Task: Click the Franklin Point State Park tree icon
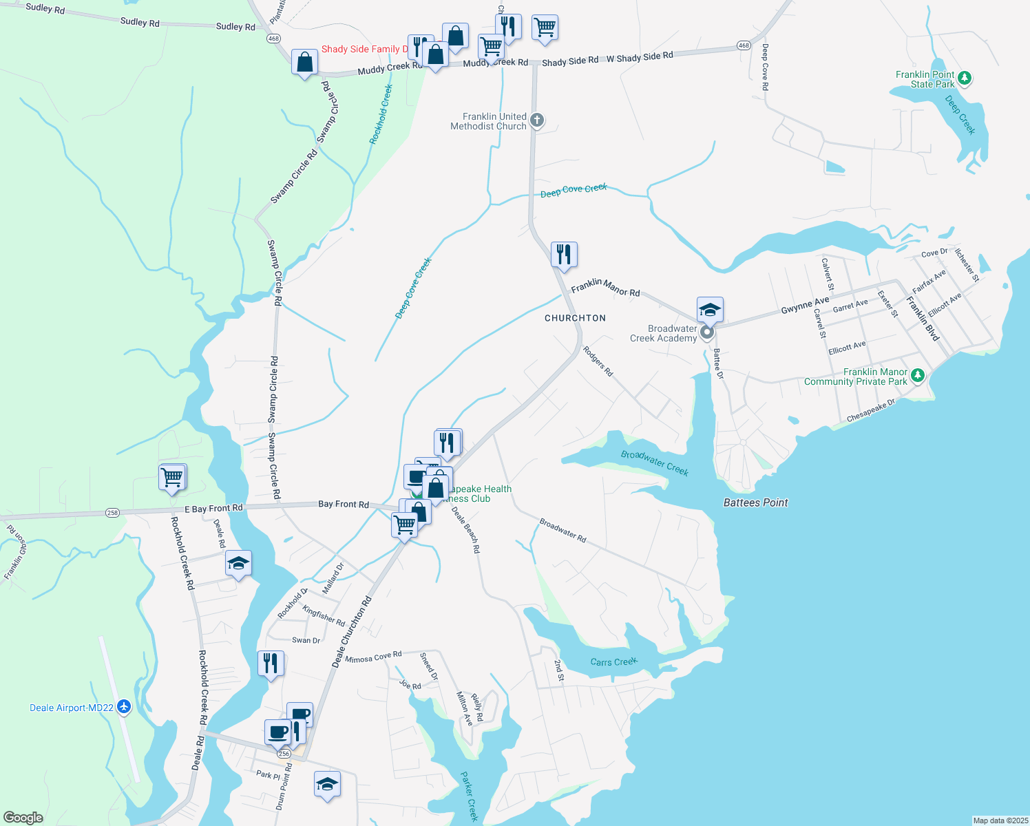(964, 78)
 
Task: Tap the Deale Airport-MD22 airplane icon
(124, 706)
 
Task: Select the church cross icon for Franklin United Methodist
(537, 120)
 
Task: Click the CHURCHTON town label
(575, 318)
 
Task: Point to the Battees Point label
(755, 502)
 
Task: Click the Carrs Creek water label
(613, 662)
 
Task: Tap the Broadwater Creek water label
(654, 463)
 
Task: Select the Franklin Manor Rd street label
(605, 287)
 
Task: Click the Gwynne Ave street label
(805, 306)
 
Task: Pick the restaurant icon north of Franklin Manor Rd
(564, 255)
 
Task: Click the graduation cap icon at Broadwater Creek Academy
(709, 310)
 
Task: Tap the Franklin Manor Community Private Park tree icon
(917, 376)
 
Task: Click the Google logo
(23, 817)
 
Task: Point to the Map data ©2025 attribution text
(1000, 820)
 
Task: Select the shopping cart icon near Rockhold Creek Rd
(172, 476)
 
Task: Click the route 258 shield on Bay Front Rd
(112, 513)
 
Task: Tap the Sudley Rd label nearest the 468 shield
(235, 27)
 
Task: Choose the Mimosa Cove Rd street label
(373, 657)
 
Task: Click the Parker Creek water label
(469, 796)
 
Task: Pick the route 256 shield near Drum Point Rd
(284, 754)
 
